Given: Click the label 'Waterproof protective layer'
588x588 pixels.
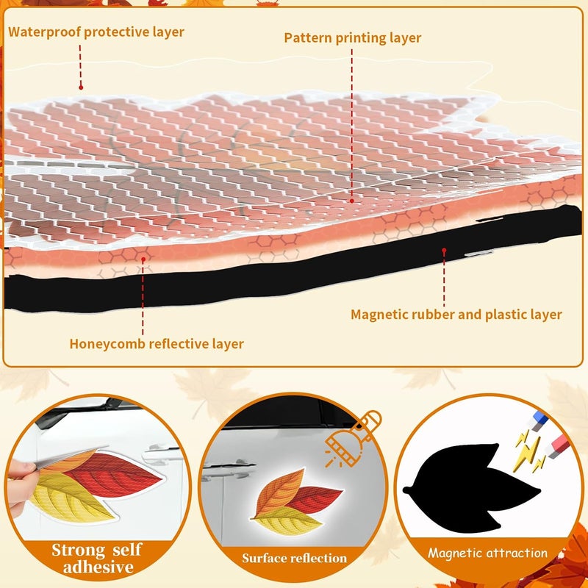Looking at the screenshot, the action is point(96,32).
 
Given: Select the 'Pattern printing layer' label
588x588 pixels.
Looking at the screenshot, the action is point(353,38).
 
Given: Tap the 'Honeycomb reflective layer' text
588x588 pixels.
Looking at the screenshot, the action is point(157,344).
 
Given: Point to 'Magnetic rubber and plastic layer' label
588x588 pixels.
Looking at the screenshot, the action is point(456,315).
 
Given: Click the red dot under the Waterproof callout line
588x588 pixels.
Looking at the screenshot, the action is point(81,87).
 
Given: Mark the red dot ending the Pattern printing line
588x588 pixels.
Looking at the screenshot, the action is point(352,201).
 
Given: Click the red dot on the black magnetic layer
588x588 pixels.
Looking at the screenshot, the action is point(444,250).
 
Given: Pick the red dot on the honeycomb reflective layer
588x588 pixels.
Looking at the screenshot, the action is point(143,259).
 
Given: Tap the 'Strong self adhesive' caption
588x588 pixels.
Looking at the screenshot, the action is point(98,559).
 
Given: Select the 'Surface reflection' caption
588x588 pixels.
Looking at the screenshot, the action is point(295,558).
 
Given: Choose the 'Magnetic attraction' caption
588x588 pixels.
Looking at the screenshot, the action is point(487,553).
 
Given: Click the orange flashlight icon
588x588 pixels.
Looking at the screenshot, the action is point(353,438).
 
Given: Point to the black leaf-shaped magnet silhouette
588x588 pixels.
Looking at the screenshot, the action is point(471,487).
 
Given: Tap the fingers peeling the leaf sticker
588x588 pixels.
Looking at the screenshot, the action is point(20,483).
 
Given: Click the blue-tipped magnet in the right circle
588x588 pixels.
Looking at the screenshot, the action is point(537,420).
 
